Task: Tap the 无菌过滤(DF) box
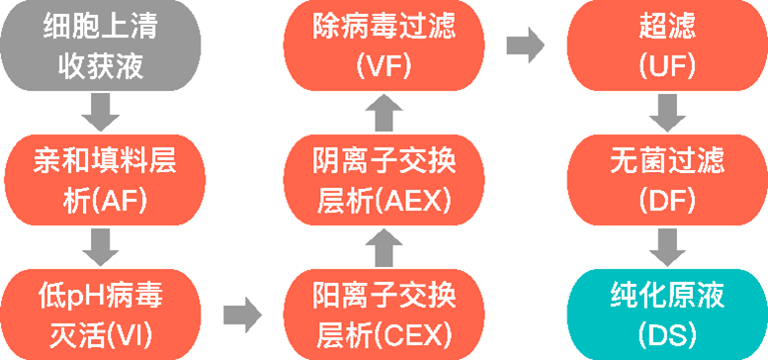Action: click(668, 179)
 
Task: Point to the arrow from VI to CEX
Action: click(242, 315)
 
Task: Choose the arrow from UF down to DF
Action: click(668, 112)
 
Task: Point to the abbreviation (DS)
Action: click(668, 330)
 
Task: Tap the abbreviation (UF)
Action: click(668, 66)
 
